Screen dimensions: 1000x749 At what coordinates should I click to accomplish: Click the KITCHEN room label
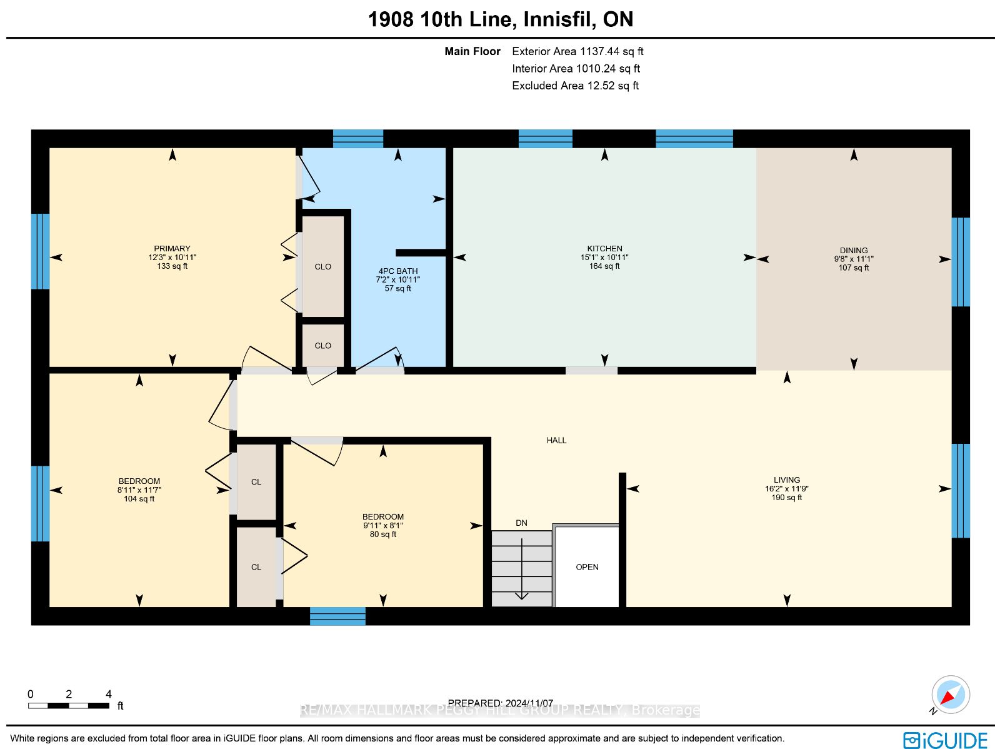(x=604, y=249)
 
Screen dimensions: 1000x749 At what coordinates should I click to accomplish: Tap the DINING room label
(x=853, y=251)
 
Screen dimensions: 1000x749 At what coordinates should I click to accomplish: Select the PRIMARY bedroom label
(x=172, y=249)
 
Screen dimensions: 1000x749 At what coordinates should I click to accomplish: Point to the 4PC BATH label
(x=397, y=271)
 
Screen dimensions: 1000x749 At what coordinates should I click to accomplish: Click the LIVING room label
(x=786, y=480)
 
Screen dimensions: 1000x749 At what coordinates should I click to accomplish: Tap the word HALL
(x=556, y=440)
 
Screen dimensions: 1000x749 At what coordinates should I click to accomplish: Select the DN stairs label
(x=521, y=523)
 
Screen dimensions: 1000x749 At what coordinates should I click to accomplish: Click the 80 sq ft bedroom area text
(x=382, y=534)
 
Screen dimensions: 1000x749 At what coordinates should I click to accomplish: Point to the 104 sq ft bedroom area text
(x=139, y=498)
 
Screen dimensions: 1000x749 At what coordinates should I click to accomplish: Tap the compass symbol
(x=950, y=695)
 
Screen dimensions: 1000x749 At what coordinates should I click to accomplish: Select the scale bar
(x=68, y=705)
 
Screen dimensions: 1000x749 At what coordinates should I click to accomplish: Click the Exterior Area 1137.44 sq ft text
(x=577, y=51)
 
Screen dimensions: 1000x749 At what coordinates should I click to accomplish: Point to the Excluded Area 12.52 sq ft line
(x=575, y=86)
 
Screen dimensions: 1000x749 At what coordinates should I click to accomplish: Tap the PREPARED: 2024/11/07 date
(x=500, y=703)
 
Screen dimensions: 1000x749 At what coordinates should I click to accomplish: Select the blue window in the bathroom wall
(x=357, y=139)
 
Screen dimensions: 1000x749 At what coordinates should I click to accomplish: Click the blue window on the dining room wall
(x=961, y=262)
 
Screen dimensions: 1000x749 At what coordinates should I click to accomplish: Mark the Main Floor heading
(x=472, y=51)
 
